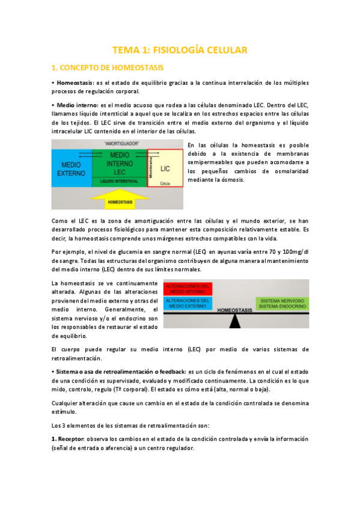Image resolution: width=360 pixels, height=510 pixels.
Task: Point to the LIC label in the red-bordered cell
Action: [x=165, y=169]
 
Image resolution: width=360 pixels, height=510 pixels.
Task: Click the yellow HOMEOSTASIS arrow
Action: [x=120, y=201]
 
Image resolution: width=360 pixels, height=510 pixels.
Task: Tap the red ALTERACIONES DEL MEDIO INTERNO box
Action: [x=188, y=289]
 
